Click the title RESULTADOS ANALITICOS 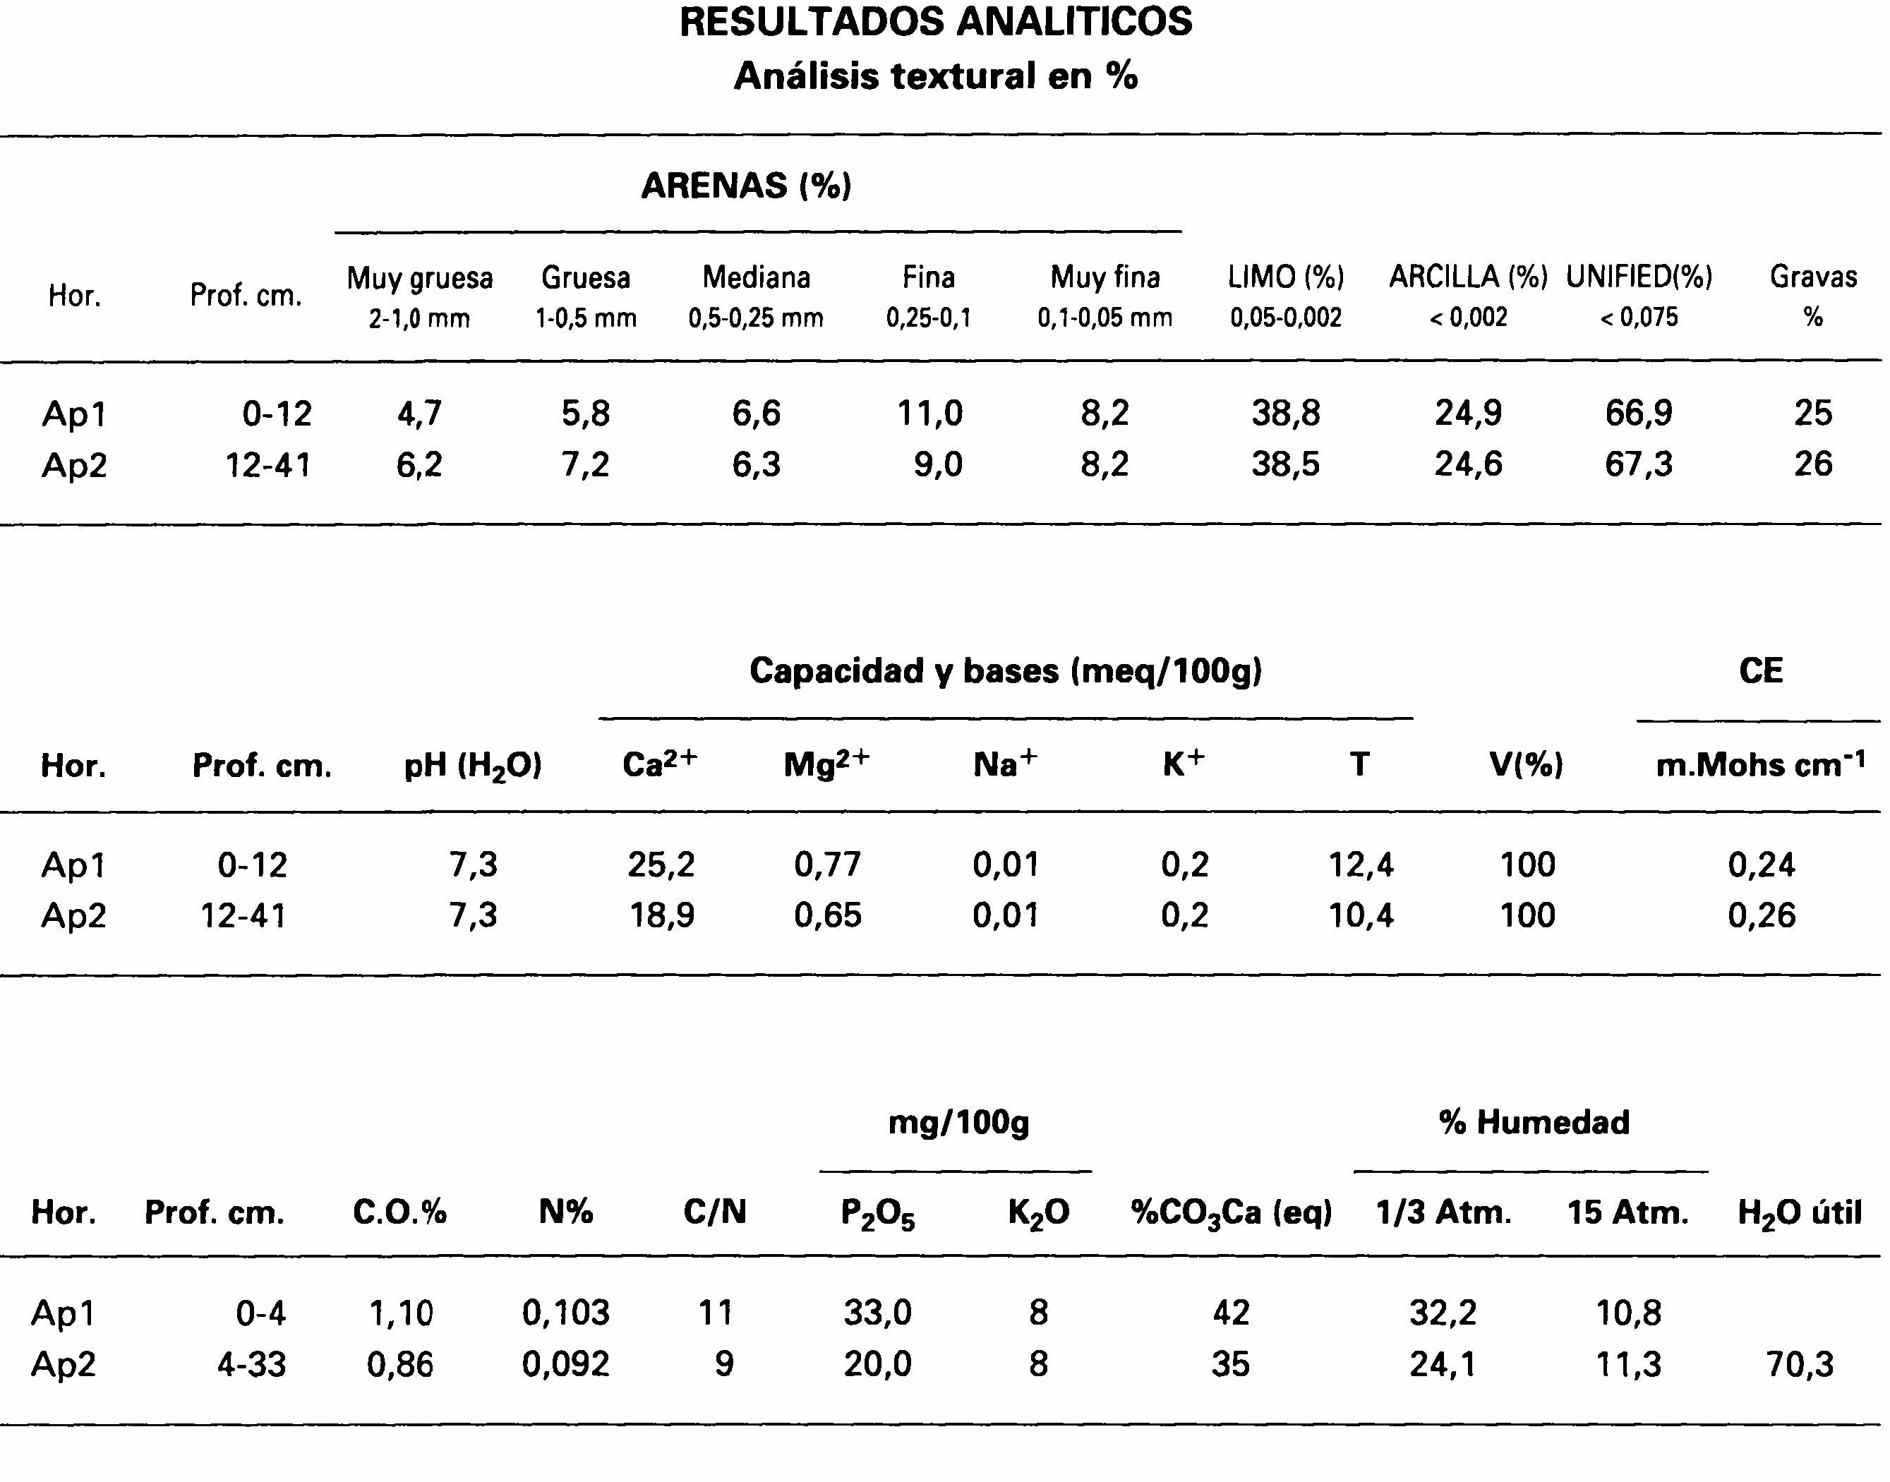(935, 22)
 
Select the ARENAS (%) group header (746, 186)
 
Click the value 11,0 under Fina (929, 413)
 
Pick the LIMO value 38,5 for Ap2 (1285, 464)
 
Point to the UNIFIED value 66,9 (1638, 413)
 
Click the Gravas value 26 (1813, 464)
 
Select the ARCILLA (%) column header (1468, 277)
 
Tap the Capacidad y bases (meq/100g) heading (1006, 670)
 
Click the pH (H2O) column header (473, 765)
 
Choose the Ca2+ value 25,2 (661, 864)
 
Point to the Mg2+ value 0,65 (828, 915)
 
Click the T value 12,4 (1361, 864)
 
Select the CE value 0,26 (1761, 915)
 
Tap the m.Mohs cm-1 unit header (1760, 764)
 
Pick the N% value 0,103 (566, 1313)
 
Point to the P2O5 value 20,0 (877, 1364)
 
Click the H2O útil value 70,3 (1800, 1364)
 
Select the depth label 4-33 (252, 1364)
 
